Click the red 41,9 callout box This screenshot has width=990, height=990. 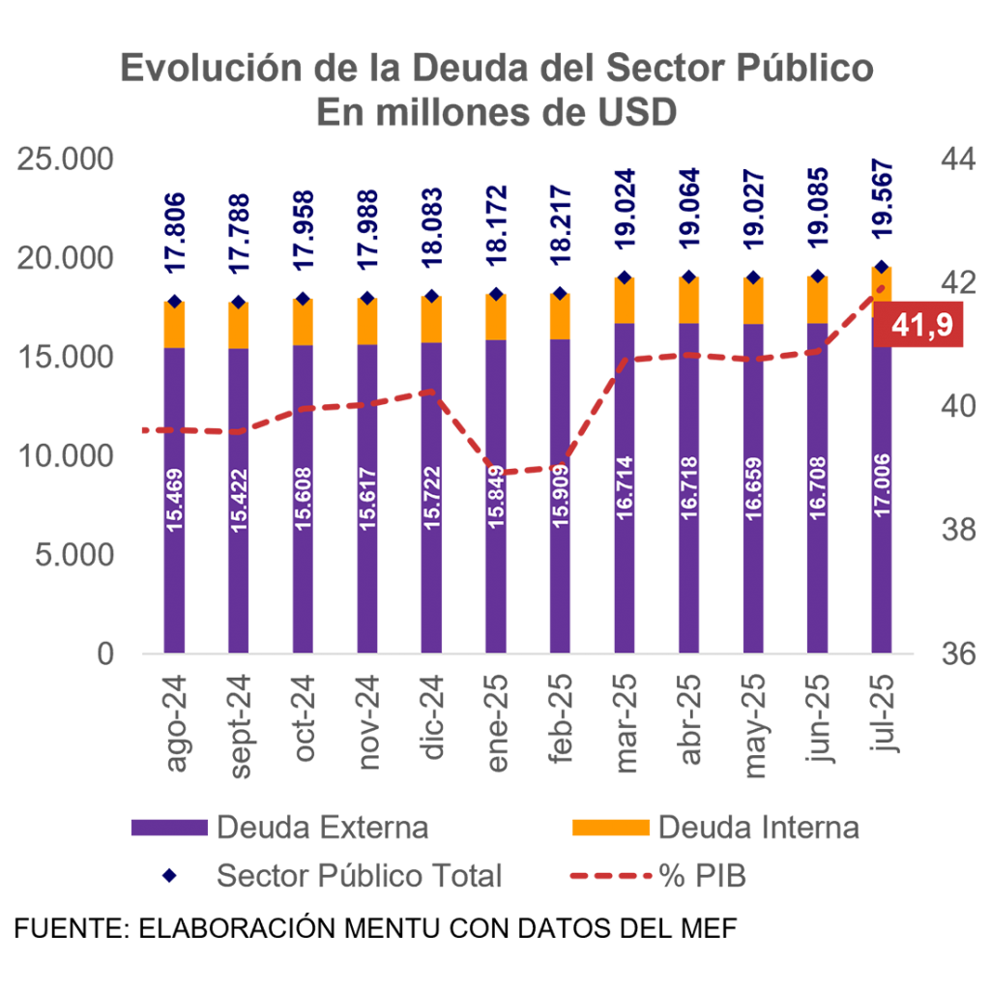pos(918,327)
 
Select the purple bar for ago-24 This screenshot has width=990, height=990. pos(174,580)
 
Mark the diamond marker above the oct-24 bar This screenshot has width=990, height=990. pos(303,298)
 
